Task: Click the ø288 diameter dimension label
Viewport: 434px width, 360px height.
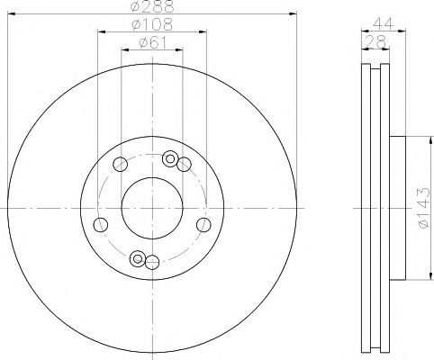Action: click(152, 6)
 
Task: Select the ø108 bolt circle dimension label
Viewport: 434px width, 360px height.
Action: click(152, 24)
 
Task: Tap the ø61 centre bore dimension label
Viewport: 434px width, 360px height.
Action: click(152, 43)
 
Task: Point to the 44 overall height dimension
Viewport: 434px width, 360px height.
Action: click(383, 23)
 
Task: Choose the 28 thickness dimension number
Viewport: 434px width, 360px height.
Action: click(375, 41)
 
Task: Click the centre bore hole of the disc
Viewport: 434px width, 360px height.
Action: click(152, 208)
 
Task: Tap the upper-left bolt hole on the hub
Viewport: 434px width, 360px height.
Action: click(120, 164)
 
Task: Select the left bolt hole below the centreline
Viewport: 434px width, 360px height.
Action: click(101, 224)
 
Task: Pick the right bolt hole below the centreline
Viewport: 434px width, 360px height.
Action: click(203, 225)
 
